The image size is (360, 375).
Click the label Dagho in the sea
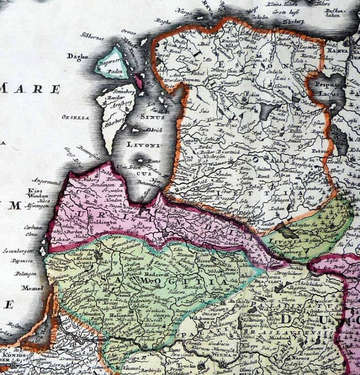(x=78, y=57)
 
